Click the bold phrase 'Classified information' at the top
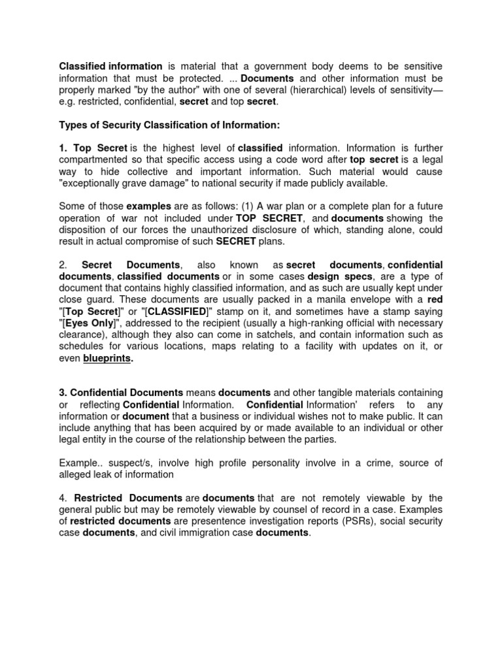(110, 67)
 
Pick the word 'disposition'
(86, 230)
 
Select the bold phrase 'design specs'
(336, 276)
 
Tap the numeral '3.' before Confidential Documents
(63, 393)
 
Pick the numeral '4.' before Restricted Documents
(63, 498)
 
